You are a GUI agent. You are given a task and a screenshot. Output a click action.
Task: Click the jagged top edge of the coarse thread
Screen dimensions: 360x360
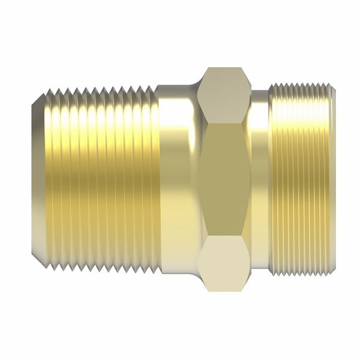click(99, 89)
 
